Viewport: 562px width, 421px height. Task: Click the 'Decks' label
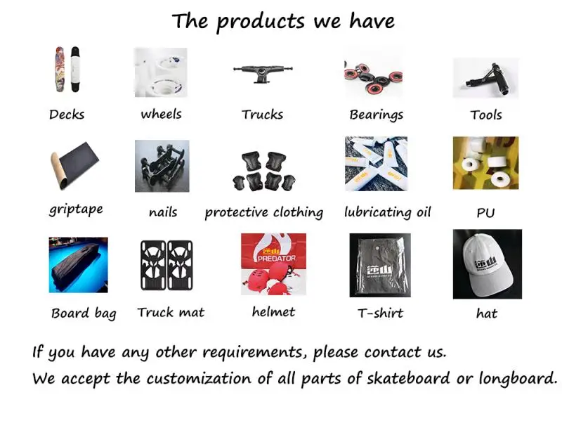point(67,115)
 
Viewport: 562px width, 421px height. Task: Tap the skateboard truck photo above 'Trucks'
point(263,74)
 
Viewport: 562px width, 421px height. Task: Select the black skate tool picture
point(485,78)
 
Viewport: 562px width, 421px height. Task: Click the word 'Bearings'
point(377,115)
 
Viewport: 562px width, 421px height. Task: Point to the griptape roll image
point(74,165)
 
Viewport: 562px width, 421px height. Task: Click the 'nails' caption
point(163,212)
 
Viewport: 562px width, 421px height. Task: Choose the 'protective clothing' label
point(264,212)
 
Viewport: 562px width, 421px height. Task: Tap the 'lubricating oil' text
point(388,212)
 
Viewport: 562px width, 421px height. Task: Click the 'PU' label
point(485,213)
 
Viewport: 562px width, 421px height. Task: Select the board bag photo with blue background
point(79,265)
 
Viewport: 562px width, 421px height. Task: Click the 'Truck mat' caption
point(171,312)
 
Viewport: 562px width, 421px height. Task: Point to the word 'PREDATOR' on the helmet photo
point(277,258)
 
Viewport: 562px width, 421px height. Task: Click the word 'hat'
point(486,313)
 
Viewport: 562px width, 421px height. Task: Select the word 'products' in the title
point(261,22)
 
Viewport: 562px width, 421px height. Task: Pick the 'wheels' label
point(162,115)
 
